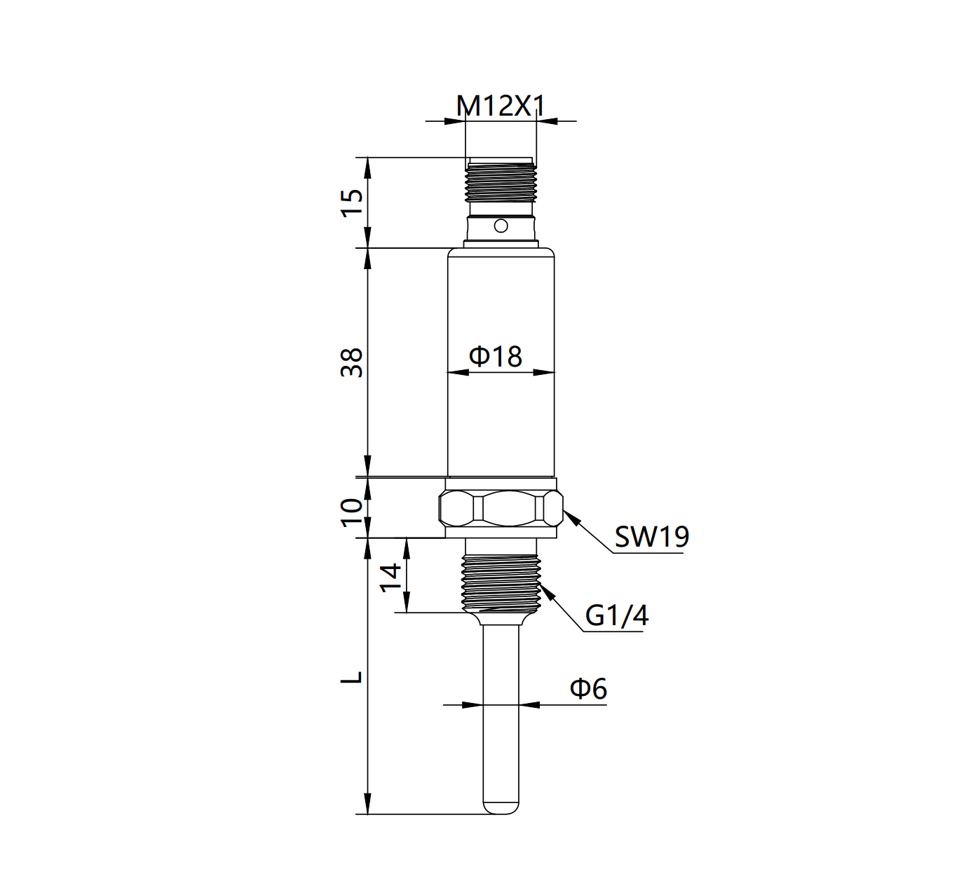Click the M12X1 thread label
[x=501, y=106]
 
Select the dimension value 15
[x=353, y=203]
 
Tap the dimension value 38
[x=353, y=362]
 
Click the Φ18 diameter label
[x=496, y=356]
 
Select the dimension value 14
[x=391, y=577]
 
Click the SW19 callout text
[x=651, y=537]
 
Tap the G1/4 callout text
[x=616, y=615]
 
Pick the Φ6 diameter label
[x=587, y=688]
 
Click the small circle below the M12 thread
[x=501, y=226]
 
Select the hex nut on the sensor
[x=501, y=508]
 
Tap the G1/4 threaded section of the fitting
[x=501, y=581]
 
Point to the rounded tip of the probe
[x=501, y=808]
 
